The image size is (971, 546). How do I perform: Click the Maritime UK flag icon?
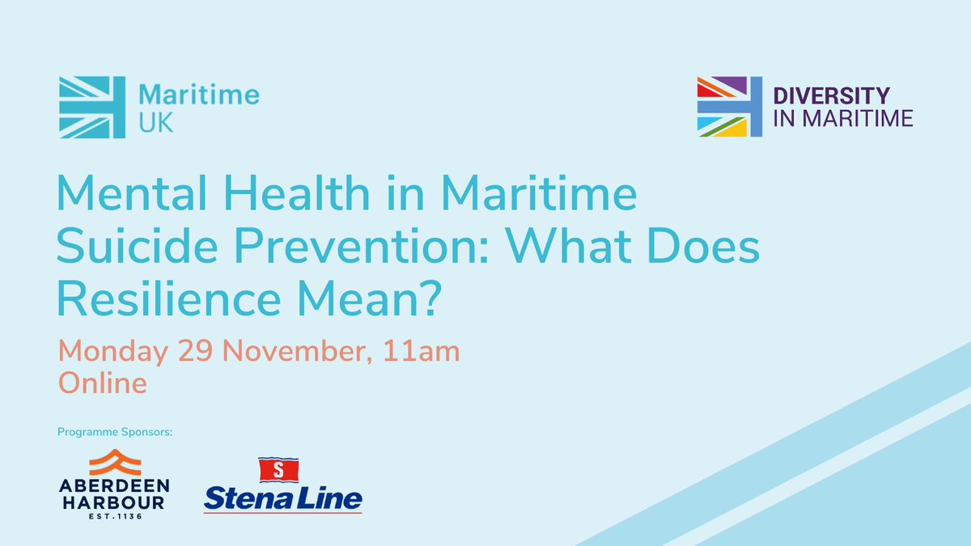coord(92,105)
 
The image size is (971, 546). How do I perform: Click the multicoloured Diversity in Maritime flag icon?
coord(729,105)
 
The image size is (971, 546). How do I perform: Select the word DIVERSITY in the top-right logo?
coord(832,95)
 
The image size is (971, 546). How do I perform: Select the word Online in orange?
coord(102,383)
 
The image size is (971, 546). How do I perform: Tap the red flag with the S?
coord(278,469)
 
